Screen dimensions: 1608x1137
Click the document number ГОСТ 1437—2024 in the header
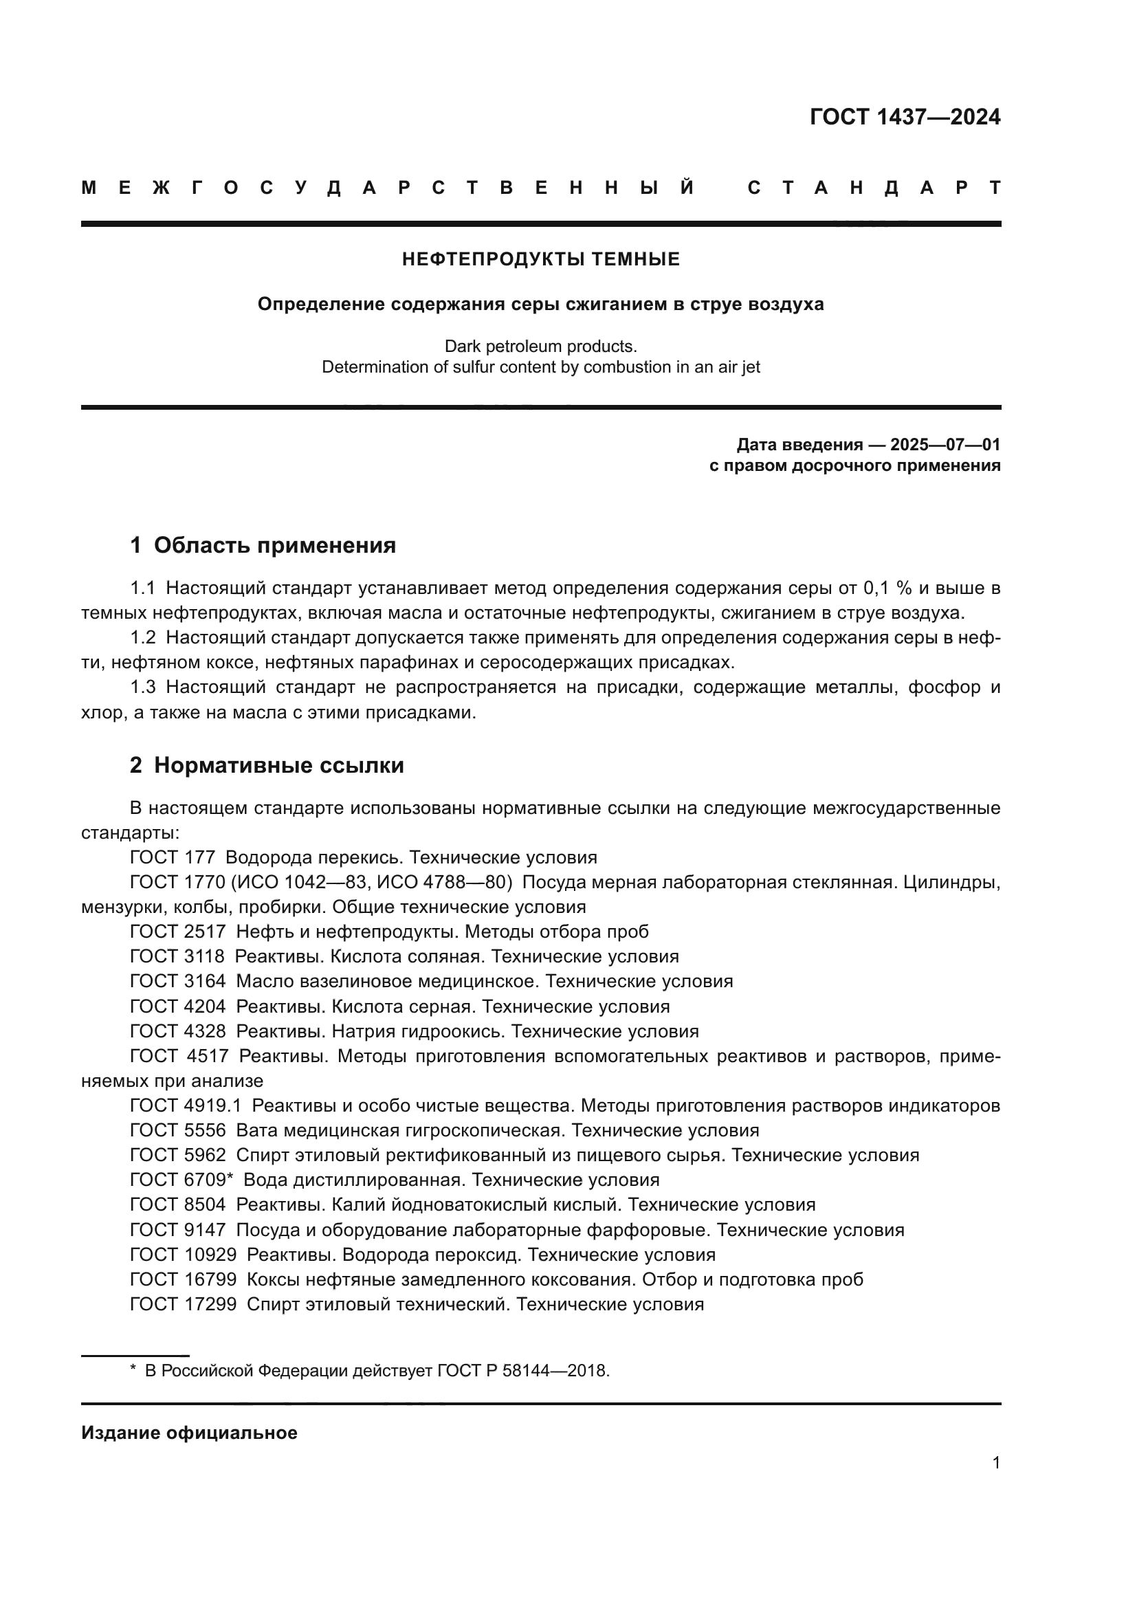(905, 117)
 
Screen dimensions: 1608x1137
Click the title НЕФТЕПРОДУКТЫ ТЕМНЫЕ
(540, 260)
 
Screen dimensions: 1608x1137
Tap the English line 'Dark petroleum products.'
(540, 346)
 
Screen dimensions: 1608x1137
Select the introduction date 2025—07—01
(945, 445)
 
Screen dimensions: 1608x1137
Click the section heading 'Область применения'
(274, 545)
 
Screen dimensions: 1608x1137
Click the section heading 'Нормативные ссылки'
(278, 765)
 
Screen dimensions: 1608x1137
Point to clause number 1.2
(143, 637)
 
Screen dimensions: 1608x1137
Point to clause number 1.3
(143, 687)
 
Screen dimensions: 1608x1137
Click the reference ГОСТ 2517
(178, 932)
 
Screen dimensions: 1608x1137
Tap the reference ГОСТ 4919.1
(186, 1105)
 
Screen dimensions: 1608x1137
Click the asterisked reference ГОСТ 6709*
(181, 1180)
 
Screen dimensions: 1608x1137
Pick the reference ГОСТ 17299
(184, 1304)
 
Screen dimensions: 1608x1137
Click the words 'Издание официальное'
(189, 1433)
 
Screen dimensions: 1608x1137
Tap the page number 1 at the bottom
(995, 1462)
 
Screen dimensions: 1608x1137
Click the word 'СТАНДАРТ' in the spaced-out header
(874, 188)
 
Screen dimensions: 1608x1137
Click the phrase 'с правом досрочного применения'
(854, 465)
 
